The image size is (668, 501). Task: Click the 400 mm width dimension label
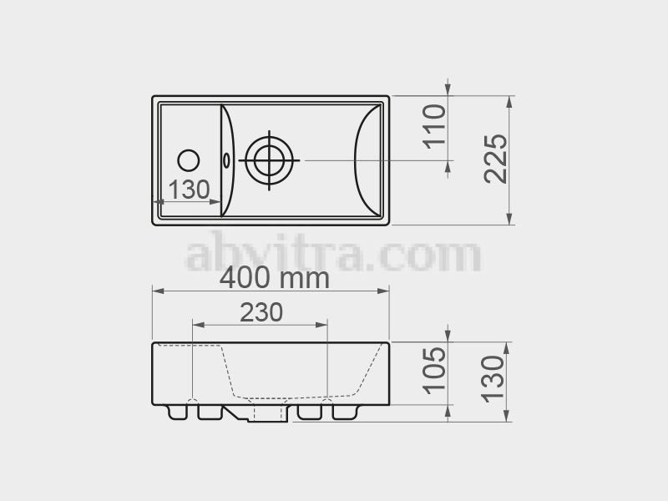[275, 279]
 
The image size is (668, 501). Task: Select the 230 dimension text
[261, 312]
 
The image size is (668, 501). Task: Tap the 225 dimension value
[496, 159]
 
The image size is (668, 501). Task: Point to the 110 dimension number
[434, 127]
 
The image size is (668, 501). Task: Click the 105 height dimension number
[434, 370]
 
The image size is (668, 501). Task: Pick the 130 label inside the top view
[190, 190]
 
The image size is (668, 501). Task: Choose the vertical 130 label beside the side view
[493, 379]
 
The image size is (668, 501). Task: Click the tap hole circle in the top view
[189, 160]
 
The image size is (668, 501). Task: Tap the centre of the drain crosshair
[269, 160]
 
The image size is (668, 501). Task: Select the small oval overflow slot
[226, 160]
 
